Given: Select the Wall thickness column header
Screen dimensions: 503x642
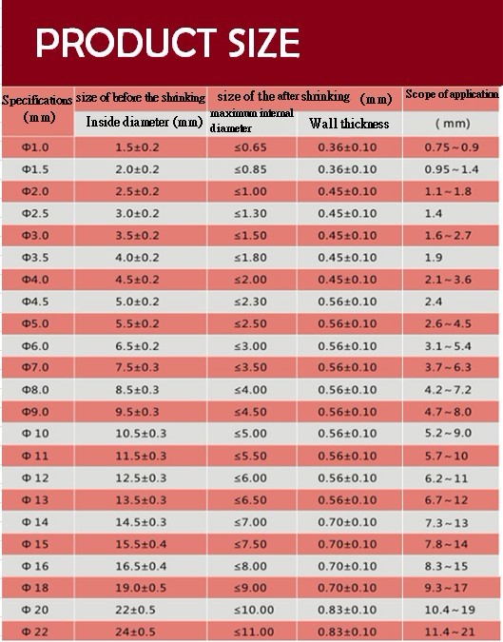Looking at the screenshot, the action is [349, 124].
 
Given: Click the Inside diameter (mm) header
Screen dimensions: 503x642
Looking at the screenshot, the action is [145, 122].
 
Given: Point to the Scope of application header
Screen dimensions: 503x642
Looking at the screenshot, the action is [453, 94].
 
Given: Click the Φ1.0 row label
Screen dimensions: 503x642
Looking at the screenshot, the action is [35, 147].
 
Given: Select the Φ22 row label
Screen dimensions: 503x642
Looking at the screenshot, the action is [35, 632].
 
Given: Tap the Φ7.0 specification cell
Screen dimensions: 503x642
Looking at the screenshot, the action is [35, 367].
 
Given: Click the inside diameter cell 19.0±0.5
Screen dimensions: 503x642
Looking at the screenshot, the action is [141, 588].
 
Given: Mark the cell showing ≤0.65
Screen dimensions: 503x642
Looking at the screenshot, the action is [250, 147].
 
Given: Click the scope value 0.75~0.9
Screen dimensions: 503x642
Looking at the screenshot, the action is [452, 147].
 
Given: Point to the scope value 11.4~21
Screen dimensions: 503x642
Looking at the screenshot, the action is [450, 632].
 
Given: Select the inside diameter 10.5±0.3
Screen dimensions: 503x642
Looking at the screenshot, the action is [141, 433].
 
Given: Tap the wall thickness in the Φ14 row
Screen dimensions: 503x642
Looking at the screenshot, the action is [347, 522].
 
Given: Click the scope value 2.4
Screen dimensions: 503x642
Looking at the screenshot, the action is [434, 302].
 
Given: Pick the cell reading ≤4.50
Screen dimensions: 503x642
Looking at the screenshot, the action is [250, 412].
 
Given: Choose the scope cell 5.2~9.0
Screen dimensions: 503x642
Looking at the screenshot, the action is [448, 433].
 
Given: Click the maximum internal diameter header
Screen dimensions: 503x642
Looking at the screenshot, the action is [252, 121].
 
